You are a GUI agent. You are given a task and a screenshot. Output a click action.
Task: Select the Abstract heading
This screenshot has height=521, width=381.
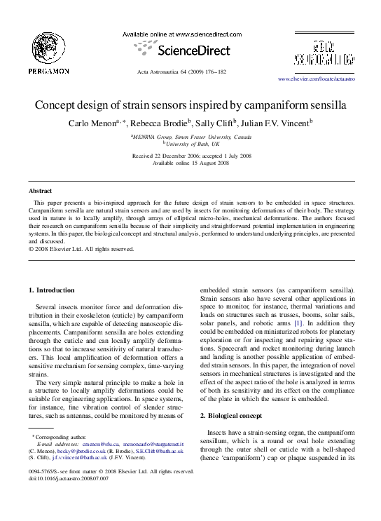tap(40, 191)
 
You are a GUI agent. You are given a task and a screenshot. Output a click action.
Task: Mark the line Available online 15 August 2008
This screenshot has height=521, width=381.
tap(190, 163)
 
